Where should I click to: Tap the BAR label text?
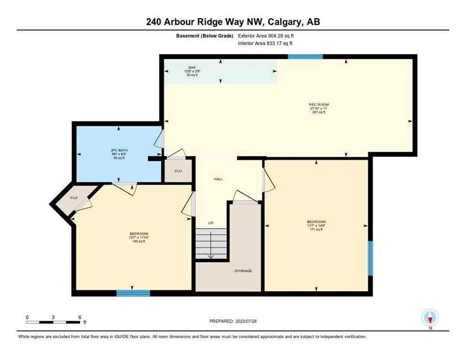point(192,67)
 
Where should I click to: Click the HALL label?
point(218,179)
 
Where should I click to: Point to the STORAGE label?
point(243,271)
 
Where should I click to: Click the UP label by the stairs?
point(211,223)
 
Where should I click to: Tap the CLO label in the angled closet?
point(74,198)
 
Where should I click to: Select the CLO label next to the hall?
point(178,171)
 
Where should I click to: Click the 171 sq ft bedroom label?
point(316,222)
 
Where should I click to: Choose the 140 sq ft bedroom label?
point(139,234)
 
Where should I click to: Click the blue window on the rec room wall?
point(305,57)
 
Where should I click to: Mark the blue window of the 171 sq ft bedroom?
point(370,258)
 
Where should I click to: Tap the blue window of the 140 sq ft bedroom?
point(133,293)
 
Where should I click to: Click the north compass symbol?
point(430,317)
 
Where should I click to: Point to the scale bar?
point(53,322)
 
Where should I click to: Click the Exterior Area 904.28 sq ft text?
point(266,36)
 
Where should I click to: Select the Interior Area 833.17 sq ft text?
point(266,44)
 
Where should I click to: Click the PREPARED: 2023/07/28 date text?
point(233,321)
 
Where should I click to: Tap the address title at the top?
point(233,22)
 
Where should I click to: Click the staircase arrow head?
point(211,256)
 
